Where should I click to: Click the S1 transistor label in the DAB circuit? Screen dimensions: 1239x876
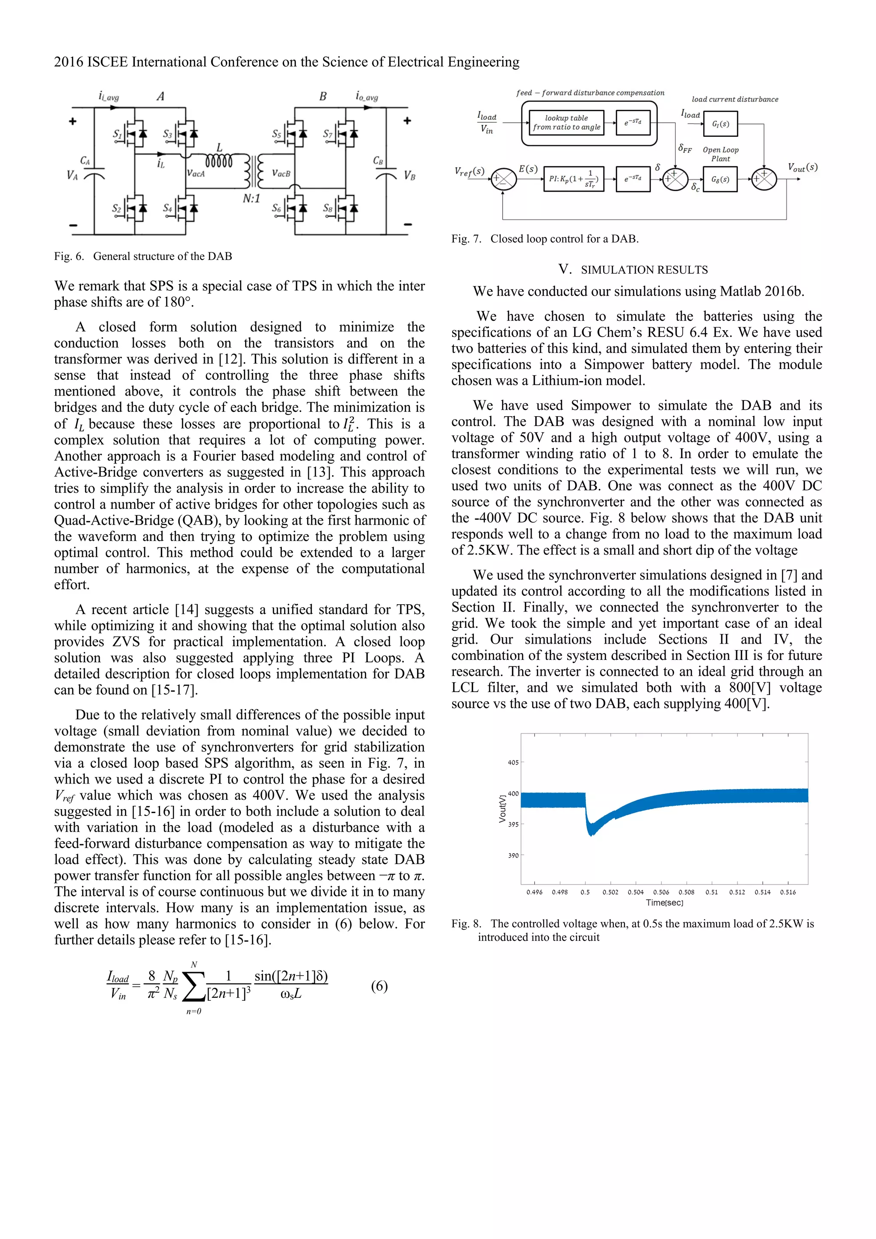tap(117, 133)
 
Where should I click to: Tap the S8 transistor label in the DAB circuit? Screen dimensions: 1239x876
tap(328, 208)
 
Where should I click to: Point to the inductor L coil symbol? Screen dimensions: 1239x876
tap(219, 161)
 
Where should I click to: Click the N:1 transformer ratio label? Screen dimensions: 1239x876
tap(251, 198)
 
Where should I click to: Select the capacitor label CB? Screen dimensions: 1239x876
tap(378, 161)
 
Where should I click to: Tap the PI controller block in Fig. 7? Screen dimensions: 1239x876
tap(573, 179)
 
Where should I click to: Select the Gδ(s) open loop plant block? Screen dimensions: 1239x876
tap(720, 179)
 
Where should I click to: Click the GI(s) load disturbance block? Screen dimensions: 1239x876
tap(720, 124)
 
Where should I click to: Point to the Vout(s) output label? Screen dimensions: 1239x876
tap(802, 168)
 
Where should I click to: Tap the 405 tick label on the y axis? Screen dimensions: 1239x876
tap(513, 763)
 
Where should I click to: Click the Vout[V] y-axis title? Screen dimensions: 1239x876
tap(503, 808)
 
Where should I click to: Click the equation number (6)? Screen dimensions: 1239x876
tap(379, 986)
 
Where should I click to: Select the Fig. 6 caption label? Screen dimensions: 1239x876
tap(68, 256)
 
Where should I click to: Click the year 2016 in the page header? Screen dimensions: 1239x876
tap(68, 62)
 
